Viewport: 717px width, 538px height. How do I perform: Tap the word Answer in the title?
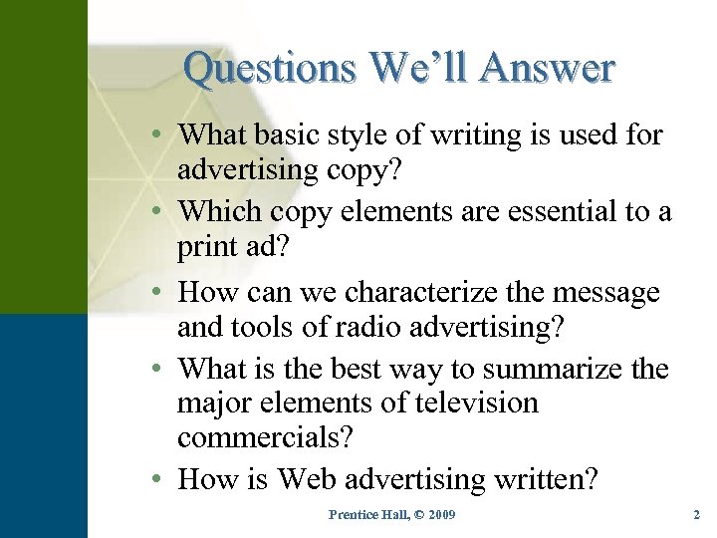(548, 69)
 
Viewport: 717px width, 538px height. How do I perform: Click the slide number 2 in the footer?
(696, 514)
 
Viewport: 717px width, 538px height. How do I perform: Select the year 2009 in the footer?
(439, 514)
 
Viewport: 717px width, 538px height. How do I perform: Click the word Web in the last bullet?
(313, 479)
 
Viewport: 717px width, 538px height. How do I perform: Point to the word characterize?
(417, 293)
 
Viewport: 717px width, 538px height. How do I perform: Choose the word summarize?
(557, 369)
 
